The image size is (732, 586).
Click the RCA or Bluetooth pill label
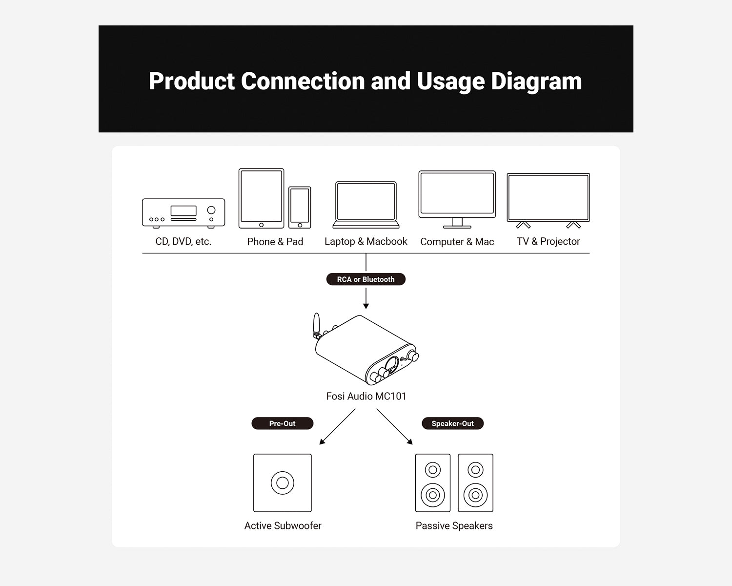coord(366,279)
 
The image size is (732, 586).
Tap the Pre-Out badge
coord(283,423)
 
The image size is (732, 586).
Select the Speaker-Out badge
coord(452,423)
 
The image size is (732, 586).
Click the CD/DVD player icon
coord(183,213)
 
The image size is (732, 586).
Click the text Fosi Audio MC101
coord(366,396)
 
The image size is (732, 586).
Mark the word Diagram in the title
coord(536,82)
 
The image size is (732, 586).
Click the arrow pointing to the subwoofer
coord(337,427)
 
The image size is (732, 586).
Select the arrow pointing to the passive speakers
coord(395,427)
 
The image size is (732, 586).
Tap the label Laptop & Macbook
coord(366,241)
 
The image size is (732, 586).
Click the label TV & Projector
coord(549,241)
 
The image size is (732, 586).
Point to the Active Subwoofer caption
coord(283,526)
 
